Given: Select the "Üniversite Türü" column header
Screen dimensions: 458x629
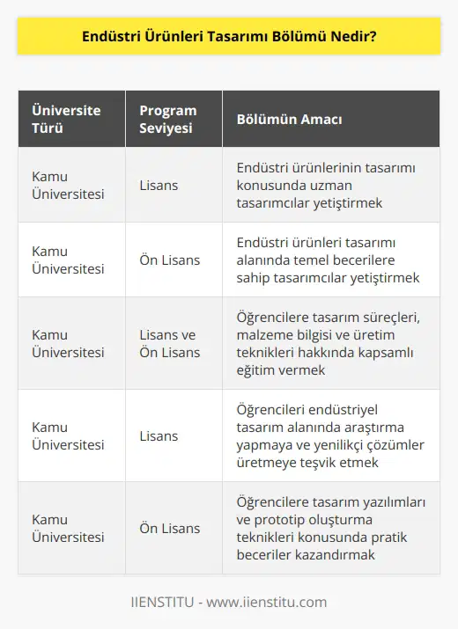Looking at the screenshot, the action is pos(66,119).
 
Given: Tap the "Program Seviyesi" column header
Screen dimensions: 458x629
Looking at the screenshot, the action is pos(167,119).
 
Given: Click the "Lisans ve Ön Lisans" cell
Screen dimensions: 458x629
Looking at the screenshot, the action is pos(170,343).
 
